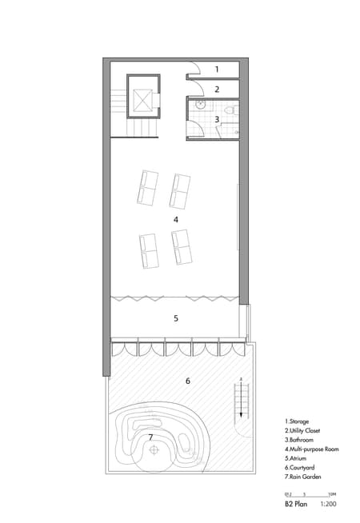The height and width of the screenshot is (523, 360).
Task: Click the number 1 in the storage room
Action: pyautogui.click(x=216, y=70)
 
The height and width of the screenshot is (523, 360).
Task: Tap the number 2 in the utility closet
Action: pyautogui.click(x=216, y=90)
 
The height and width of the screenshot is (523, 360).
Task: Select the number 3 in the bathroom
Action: pyautogui.click(x=216, y=119)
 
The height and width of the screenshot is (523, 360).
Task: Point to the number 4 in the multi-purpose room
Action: pyautogui.click(x=175, y=218)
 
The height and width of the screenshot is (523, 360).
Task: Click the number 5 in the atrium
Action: pyautogui.click(x=175, y=318)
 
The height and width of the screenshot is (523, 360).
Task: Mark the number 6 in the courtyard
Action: pyautogui.click(x=187, y=381)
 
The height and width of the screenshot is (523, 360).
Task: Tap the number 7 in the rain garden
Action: pyautogui.click(x=150, y=437)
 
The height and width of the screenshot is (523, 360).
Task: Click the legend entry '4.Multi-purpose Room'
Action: pyautogui.click(x=311, y=449)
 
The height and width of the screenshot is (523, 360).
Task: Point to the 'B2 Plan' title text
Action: pyautogui.click(x=295, y=505)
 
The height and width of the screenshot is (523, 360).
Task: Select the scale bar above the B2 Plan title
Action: pyautogui.click(x=308, y=494)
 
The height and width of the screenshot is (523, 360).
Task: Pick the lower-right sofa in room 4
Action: pyautogui.click(x=182, y=247)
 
